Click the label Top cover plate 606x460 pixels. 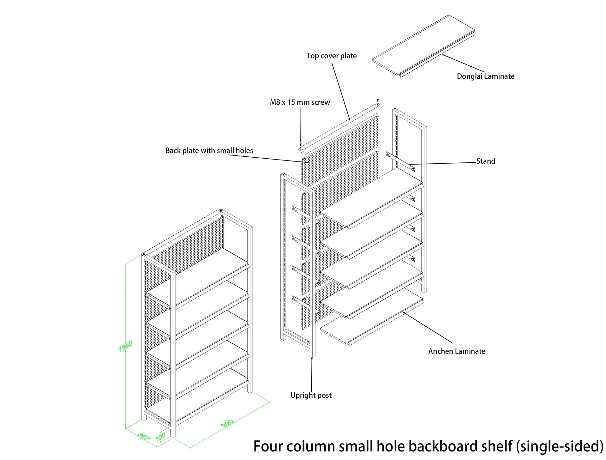tap(331, 56)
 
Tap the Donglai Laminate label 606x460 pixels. tap(485, 76)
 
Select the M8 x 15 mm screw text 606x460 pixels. tap(300, 102)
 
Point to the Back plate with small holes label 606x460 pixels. tap(209, 151)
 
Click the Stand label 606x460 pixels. tap(485, 161)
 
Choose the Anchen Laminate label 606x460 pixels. tap(456, 351)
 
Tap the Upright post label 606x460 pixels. tap(311, 396)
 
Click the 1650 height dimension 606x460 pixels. tap(125, 346)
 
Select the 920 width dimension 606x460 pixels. tap(228, 424)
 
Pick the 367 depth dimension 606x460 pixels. tap(144, 436)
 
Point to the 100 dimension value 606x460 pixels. tap(160, 437)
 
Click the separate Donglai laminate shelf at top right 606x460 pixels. tap(423, 46)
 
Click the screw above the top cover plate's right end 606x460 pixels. tap(377, 100)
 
